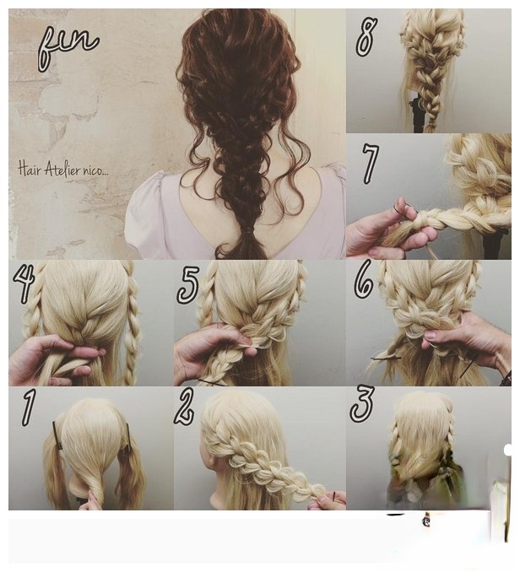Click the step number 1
point(28,407)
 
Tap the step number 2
point(185,406)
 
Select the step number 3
point(362,403)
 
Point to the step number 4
point(24,283)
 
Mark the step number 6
point(364,279)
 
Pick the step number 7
point(370,164)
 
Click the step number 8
point(366,36)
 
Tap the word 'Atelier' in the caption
point(65,170)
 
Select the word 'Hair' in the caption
point(30,170)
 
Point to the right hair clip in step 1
point(128,435)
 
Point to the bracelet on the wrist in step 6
point(506,378)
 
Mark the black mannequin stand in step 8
point(417,113)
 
